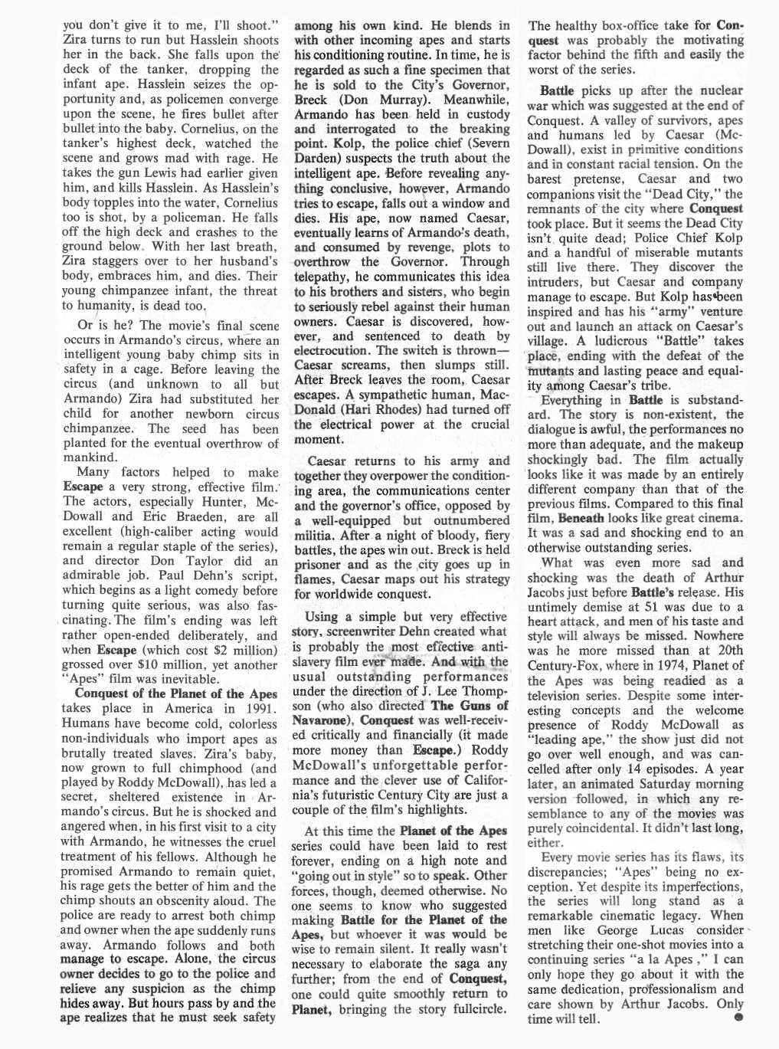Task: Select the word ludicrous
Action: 627,341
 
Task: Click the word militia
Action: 316,535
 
